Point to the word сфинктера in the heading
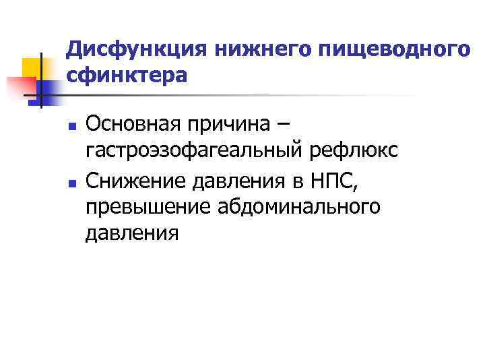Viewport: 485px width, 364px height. coord(127,76)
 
